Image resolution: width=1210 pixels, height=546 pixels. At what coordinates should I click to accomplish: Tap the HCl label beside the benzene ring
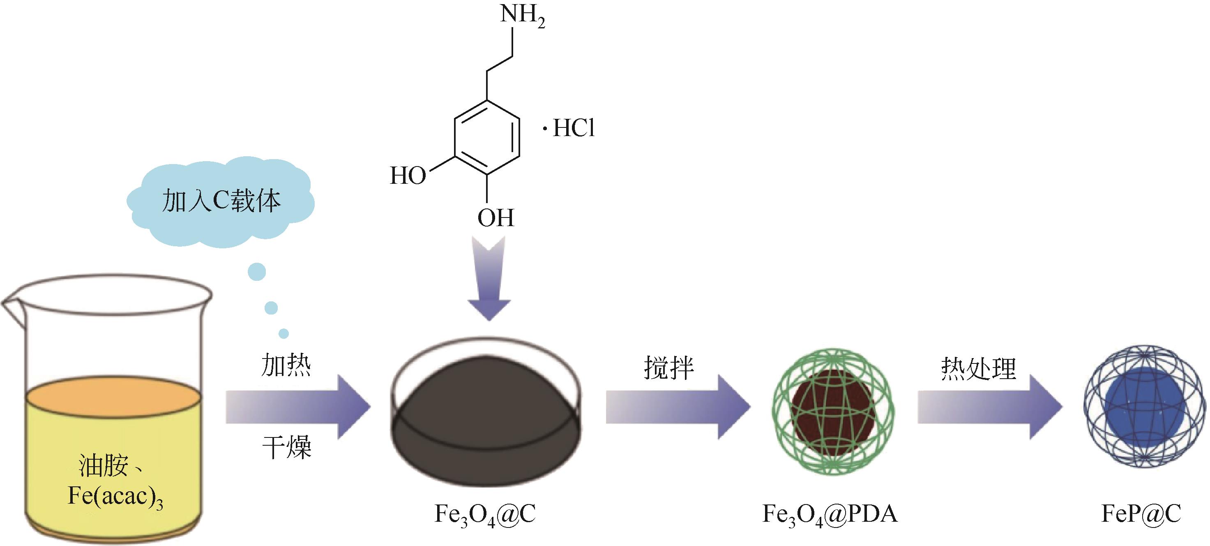pos(574,128)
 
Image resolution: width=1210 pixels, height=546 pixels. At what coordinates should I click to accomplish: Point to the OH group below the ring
pos(496,218)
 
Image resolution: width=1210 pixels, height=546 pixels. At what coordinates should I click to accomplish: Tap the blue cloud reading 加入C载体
pos(221,201)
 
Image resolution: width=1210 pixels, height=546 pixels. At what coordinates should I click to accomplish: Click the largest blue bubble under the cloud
pos(257,272)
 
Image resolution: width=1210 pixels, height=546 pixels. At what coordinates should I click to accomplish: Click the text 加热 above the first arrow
pos(286,366)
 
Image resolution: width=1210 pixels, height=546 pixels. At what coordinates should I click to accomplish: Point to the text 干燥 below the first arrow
pos(286,447)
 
